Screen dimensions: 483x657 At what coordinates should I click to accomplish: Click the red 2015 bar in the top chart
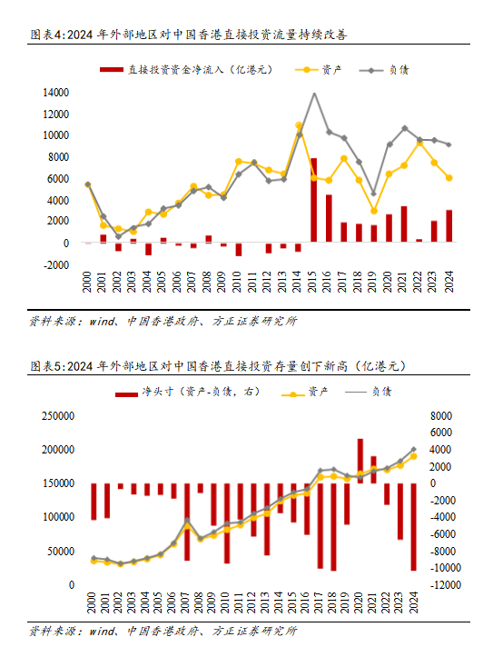tap(313, 200)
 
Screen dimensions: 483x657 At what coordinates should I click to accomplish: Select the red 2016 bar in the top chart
tap(329, 218)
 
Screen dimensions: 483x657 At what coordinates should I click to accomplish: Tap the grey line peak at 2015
tap(314, 93)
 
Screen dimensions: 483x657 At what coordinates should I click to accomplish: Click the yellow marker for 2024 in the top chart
tap(449, 178)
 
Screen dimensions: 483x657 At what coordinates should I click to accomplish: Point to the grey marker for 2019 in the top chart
tap(374, 194)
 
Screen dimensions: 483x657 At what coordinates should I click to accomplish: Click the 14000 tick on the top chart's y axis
tap(55, 92)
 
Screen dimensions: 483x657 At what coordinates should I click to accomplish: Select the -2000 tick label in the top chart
tap(55, 264)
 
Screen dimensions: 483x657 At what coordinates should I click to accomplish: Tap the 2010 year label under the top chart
tap(237, 282)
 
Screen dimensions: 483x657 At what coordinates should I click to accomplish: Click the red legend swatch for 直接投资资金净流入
tap(112, 70)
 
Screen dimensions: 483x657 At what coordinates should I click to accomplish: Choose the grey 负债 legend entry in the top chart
tap(384, 70)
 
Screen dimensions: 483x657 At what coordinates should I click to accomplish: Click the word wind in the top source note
tap(102, 322)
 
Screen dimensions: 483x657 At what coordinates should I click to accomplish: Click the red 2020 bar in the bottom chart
tap(360, 461)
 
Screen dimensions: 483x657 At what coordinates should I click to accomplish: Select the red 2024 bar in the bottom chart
tap(413, 527)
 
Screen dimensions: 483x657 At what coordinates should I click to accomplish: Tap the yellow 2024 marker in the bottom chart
tap(413, 456)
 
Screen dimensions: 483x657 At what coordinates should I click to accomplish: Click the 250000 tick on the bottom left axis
tap(58, 416)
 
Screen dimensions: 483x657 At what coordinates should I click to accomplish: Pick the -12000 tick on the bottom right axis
tap(446, 585)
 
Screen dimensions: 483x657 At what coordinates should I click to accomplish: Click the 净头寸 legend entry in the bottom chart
tap(188, 393)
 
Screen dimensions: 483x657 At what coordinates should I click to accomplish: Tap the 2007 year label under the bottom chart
tap(185, 602)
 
